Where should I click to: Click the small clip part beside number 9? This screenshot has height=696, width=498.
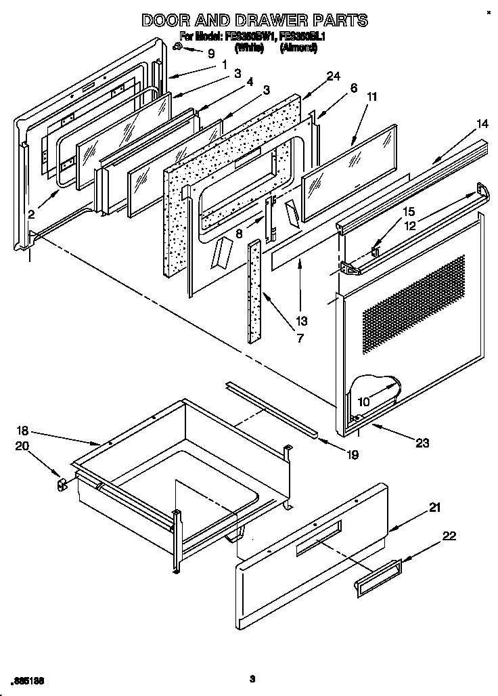(x=177, y=47)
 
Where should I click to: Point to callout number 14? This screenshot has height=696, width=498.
(x=463, y=124)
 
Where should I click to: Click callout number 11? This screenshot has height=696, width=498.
(x=371, y=97)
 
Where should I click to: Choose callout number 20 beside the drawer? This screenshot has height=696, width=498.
(x=23, y=445)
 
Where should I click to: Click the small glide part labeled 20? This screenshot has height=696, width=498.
(x=61, y=484)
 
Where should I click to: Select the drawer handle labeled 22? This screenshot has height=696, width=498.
(x=376, y=578)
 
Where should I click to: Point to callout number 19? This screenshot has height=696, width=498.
(x=352, y=455)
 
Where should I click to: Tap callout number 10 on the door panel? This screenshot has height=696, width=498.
(x=363, y=402)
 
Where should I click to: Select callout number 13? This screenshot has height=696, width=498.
(x=301, y=321)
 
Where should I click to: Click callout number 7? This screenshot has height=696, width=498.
(x=299, y=338)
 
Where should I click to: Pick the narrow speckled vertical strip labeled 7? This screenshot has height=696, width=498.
(x=254, y=291)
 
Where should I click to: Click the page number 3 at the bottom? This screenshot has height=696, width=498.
(x=251, y=678)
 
